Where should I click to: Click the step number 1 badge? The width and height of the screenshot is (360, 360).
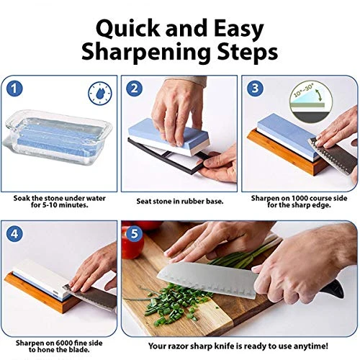[x=14, y=89]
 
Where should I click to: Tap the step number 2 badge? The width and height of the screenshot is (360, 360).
[x=135, y=89]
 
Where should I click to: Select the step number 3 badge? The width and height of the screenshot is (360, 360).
[x=255, y=89]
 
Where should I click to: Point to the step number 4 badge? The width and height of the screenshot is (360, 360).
[x=14, y=233]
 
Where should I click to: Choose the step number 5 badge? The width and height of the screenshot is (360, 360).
[x=135, y=233]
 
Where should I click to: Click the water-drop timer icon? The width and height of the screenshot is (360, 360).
[x=100, y=94]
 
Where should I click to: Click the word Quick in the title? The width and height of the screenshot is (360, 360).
[x=129, y=30]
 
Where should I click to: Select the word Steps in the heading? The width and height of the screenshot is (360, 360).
[x=248, y=53]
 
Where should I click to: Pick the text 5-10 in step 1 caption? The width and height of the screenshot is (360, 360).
[x=50, y=205]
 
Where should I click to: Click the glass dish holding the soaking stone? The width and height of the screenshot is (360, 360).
[x=58, y=138]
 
